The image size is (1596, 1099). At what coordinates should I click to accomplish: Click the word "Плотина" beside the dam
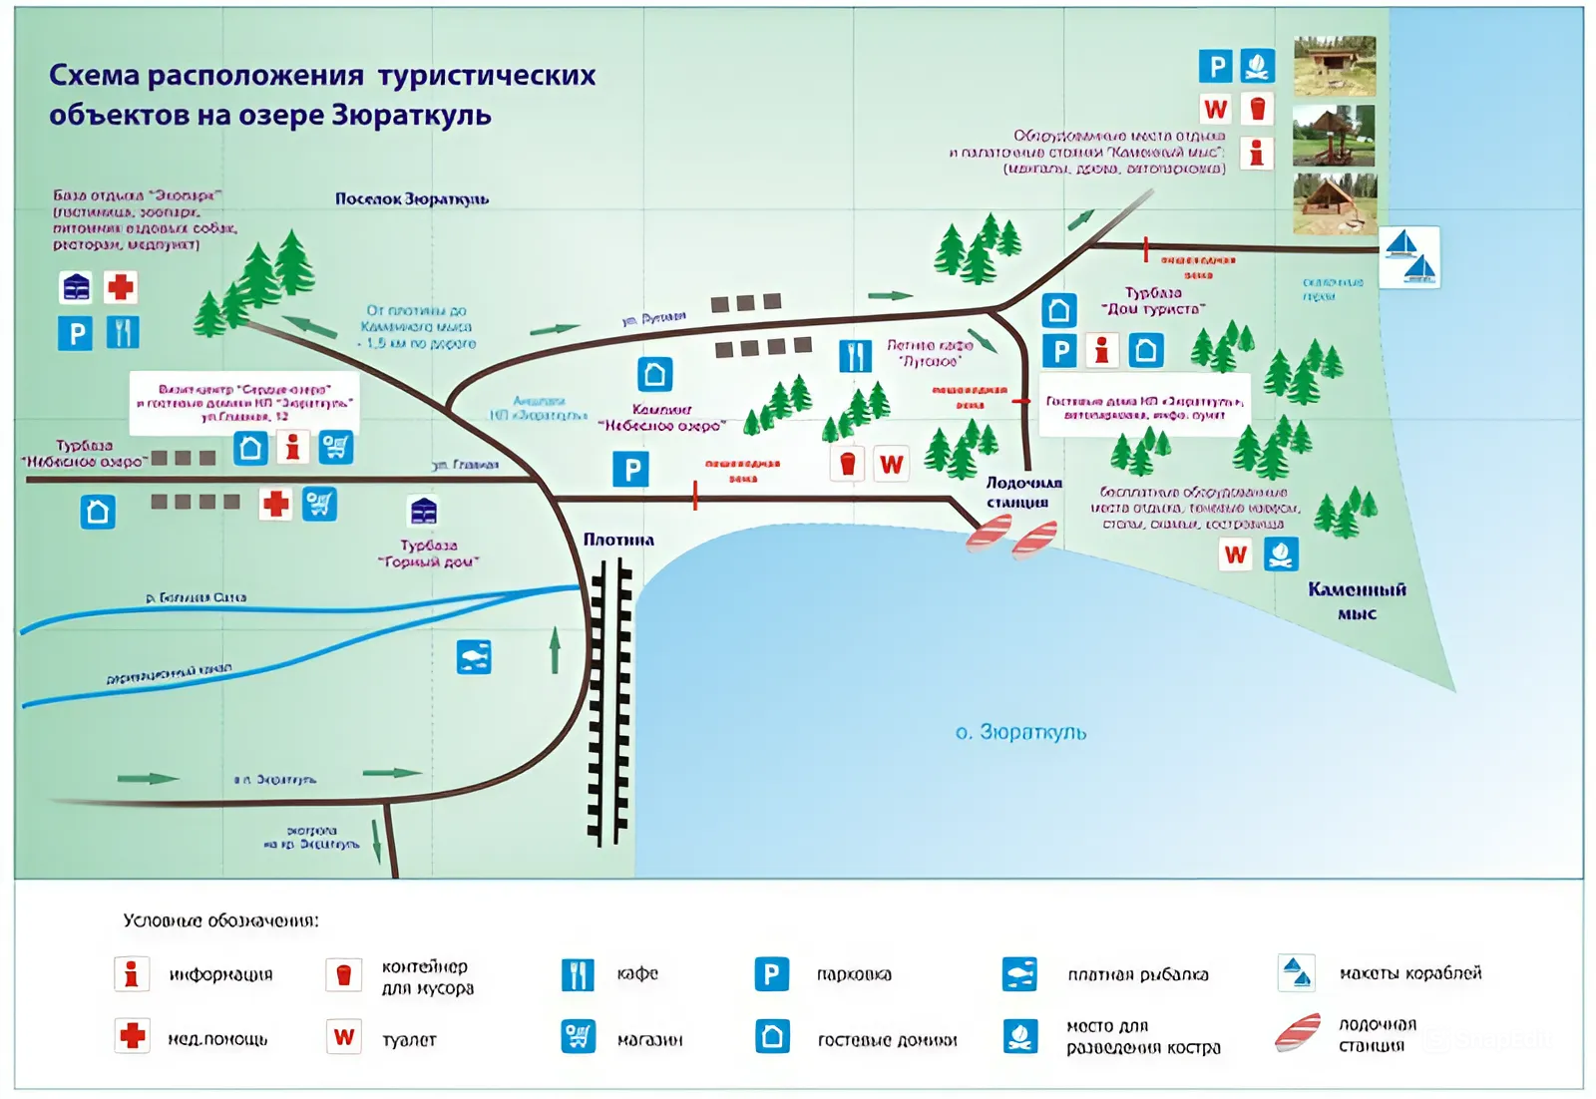(x=618, y=540)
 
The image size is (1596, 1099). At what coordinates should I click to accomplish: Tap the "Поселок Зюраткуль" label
(x=411, y=198)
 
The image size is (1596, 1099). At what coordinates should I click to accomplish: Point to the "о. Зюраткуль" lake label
(x=1020, y=732)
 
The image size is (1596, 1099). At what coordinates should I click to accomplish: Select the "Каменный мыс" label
(x=1357, y=600)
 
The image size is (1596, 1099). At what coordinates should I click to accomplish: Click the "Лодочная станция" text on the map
(x=1022, y=493)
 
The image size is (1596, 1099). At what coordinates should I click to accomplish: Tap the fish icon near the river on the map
(x=474, y=656)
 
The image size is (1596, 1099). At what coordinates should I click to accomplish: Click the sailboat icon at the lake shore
(x=1409, y=257)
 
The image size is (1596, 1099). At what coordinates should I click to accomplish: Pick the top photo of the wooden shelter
(x=1334, y=66)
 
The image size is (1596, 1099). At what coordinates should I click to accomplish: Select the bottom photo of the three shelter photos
(x=1334, y=203)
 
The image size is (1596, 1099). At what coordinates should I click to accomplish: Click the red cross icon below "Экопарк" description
(x=121, y=287)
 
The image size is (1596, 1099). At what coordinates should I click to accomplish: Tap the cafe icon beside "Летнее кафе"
(x=855, y=356)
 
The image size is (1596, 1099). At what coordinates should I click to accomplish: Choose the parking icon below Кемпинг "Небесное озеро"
(x=630, y=469)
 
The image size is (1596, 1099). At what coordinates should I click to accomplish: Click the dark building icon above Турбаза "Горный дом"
(x=423, y=511)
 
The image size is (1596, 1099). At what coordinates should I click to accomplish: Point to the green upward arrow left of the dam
(x=555, y=650)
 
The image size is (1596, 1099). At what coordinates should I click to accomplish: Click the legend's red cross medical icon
(x=132, y=1036)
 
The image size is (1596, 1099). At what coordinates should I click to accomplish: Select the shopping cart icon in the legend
(x=578, y=1036)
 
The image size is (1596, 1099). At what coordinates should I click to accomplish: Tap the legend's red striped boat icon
(x=1298, y=1033)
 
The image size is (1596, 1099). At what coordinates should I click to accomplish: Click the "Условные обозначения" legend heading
(x=220, y=920)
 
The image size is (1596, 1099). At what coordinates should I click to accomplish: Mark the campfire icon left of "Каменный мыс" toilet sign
(x=1281, y=553)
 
